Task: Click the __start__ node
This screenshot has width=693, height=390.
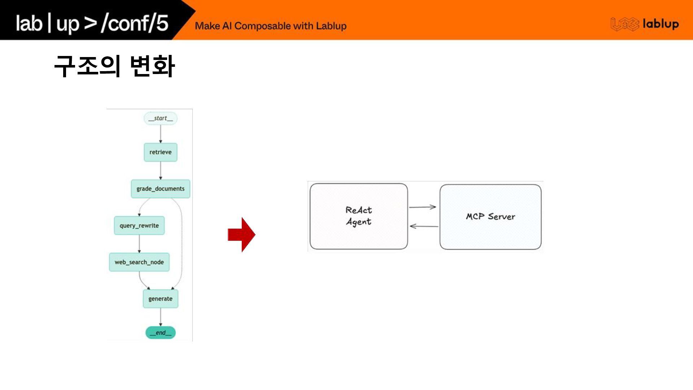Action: click(x=161, y=118)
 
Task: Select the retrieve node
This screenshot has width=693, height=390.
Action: click(x=161, y=152)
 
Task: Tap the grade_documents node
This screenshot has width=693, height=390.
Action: click(x=161, y=189)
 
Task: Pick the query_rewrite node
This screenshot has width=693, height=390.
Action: click(x=139, y=226)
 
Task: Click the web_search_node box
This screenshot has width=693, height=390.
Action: click(x=139, y=262)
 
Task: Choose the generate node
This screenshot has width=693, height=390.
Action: click(x=161, y=299)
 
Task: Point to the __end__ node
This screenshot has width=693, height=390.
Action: click(x=161, y=333)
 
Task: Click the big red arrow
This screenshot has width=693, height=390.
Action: click(x=241, y=235)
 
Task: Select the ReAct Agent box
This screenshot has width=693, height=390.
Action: click(x=359, y=216)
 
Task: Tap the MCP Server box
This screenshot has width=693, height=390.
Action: click(x=491, y=217)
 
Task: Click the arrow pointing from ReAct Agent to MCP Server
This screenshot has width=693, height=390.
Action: click(x=423, y=207)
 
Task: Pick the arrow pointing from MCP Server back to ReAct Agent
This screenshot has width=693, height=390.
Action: click(x=424, y=226)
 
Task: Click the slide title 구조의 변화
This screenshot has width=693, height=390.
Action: click(x=114, y=66)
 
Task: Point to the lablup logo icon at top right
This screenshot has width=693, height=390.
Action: click(x=624, y=24)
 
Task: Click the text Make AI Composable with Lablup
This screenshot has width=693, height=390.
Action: click(x=271, y=26)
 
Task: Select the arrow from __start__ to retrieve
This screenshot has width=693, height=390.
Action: click(x=161, y=134)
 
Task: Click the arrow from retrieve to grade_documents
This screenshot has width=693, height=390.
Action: click(x=161, y=170)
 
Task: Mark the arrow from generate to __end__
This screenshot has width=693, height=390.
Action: click(x=161, y=317)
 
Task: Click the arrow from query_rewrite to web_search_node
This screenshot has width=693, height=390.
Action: click(x=139, y=244)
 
